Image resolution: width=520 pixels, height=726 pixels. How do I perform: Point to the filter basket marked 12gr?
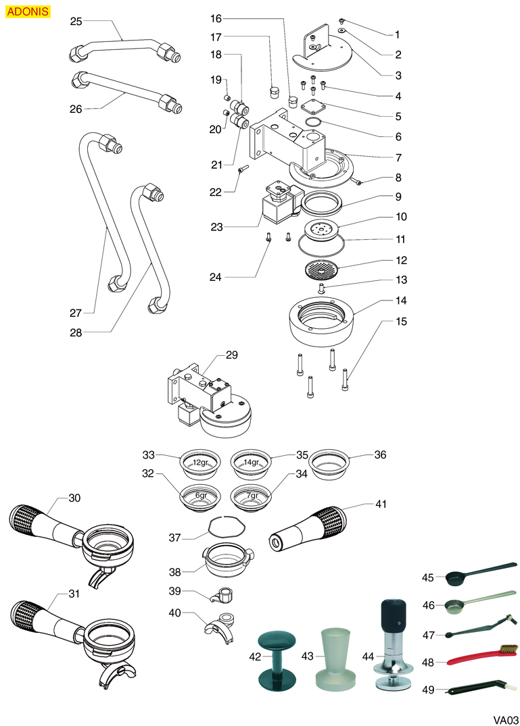coord(199,463)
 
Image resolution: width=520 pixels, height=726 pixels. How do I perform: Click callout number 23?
coord(216,228)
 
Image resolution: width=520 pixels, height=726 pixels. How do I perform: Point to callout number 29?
coord(232,355)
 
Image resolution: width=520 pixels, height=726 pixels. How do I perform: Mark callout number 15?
coord(402,321)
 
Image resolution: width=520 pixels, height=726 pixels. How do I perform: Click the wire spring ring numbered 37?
coord(224,525)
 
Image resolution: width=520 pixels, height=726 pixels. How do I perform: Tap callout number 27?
coord(75,313)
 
